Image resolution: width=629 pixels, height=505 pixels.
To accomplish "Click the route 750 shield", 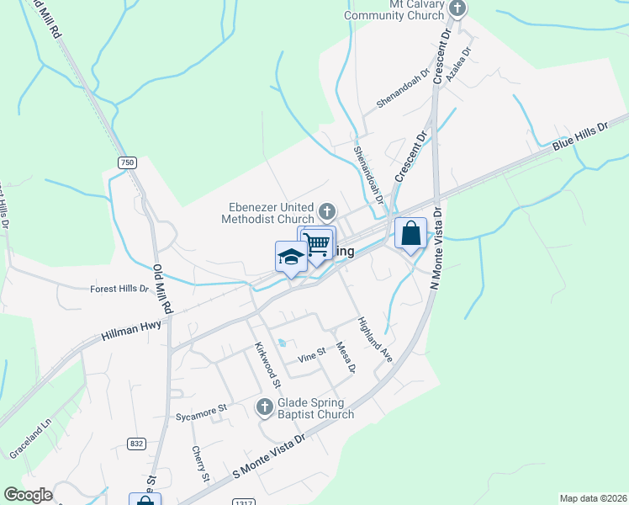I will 127,162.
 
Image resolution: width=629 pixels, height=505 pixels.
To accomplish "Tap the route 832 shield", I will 136,443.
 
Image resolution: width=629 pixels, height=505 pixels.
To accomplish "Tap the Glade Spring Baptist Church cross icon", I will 264,408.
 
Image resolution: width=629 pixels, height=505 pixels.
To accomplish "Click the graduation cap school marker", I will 290,256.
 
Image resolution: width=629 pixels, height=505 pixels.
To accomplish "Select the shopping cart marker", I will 318,244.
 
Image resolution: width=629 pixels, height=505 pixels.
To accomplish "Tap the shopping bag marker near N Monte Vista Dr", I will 410,233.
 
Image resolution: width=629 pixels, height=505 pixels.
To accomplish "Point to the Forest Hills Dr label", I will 119,289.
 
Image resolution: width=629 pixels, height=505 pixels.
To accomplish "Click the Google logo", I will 28,494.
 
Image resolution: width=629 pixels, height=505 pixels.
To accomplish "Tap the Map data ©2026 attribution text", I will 592,498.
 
